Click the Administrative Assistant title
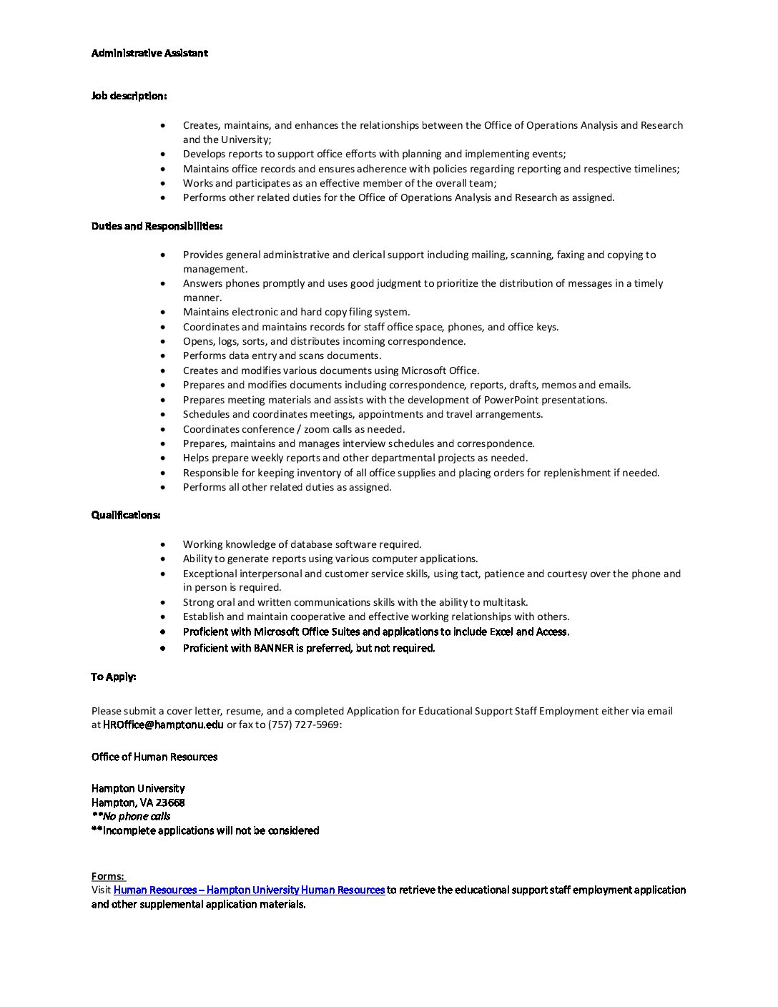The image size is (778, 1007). [x=149, y=53]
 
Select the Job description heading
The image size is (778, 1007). [x=129, y=96]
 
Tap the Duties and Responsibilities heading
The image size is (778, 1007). [x=157, y=226]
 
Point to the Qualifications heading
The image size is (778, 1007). [x=125, y=515]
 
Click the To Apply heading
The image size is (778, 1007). [x=113, y=677]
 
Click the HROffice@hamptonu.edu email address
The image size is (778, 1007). [x=163, y=724]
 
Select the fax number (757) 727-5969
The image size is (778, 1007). [x=304, y=724]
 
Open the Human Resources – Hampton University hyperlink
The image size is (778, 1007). [x=249, y=890]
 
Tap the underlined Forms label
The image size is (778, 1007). [x=107, y=876]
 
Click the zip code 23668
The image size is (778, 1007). [x=170, y=802]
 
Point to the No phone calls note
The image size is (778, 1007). [x=132, y=816]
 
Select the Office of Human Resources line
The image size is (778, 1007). [x=154, y=757]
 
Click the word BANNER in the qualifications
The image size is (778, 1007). [x=273, y=648]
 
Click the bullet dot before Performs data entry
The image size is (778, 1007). [x=164, y=355]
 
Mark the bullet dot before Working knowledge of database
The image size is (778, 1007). [x=164, y=544]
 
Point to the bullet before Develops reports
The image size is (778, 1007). [x=164, y=154]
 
